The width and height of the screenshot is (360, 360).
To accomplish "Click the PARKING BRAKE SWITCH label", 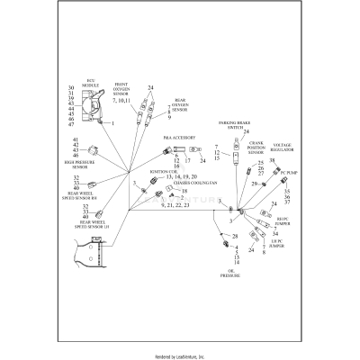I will pos(232,124).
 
